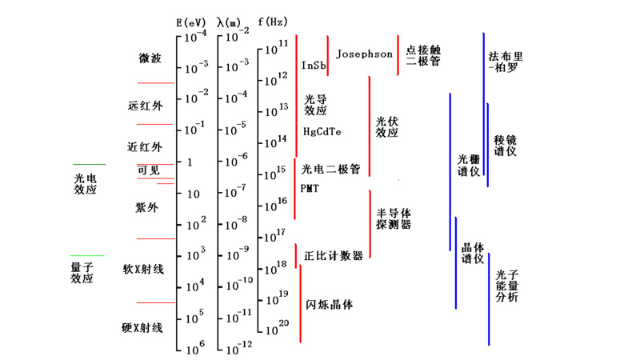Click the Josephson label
coord(364,54)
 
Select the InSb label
coord(313,65)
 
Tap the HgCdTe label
coord(322,131)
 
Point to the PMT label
coord(310,189)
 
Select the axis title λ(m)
coord(232,22)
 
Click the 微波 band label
coord(150,58)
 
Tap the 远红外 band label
coord(145,106)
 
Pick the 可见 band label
coord(149,170)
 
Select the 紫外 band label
coord(147,208)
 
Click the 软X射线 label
coord(142,269)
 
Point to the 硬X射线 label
coord(142,328)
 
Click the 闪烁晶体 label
coord(329,305)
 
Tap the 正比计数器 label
coord(334,256)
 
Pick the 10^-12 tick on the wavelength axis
coord(238,346)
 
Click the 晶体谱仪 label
coord(473,253)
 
